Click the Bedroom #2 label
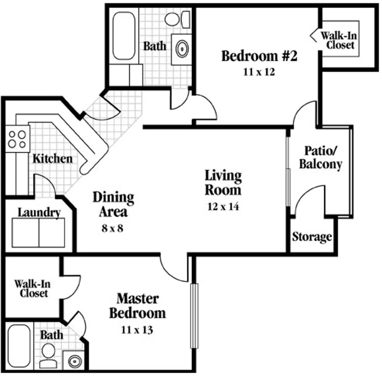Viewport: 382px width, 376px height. [259, 56]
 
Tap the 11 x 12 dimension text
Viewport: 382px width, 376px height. [259, 72]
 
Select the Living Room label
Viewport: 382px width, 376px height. [223, 183]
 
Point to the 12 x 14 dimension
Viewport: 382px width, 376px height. [223, 206]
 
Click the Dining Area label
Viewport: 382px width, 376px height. [113, 204]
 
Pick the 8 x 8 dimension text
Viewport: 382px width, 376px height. [112, 228]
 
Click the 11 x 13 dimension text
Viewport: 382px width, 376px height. [137, 330]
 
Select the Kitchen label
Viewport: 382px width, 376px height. [52, 159]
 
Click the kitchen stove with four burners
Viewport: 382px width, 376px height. [18, 139]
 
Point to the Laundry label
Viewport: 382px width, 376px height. [39, 213]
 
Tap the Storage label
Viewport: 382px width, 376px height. [312, 237]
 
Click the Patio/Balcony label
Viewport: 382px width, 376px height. [320, 158]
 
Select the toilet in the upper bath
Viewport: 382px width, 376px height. [177, 19]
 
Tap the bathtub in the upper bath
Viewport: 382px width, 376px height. [124, 36]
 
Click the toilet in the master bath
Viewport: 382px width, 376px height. [48, 356]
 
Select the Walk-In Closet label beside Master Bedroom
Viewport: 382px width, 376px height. [33, 289]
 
